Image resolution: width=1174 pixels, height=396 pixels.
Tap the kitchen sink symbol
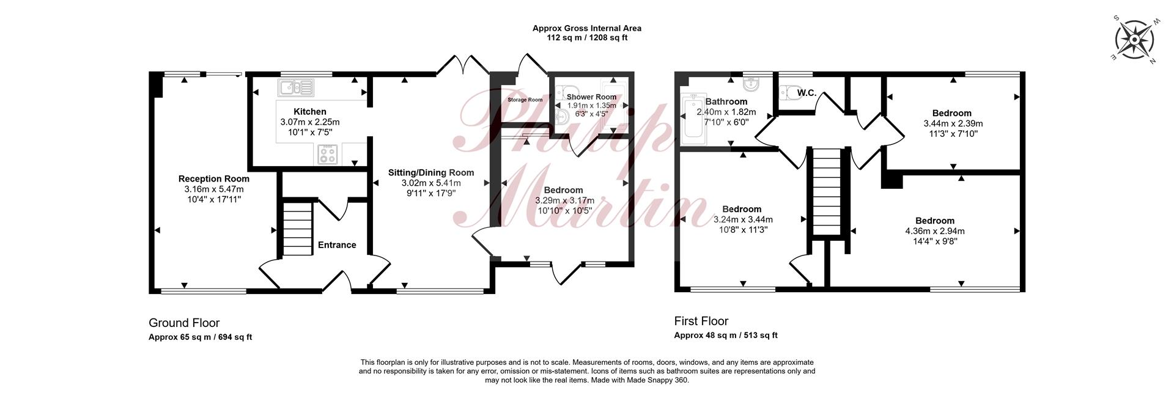tap(296, 87)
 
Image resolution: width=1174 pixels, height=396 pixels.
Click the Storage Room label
tap(525, 100)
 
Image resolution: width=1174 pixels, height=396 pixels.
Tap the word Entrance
tap(337, 245)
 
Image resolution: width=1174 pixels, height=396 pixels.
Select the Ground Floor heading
tap(184, 323)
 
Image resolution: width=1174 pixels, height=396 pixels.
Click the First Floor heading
tap(701, 321)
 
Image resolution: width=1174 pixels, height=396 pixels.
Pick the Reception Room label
tap(214, 179)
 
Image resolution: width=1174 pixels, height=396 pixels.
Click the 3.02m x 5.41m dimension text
tap(431, 183)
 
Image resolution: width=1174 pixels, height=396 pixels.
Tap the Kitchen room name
tap(310, 112)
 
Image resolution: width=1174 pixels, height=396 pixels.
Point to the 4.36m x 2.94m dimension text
tap(935, 231)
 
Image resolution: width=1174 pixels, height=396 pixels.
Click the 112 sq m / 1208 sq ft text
tap(587, 38)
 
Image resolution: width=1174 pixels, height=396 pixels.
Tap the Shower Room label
tap(591, 97)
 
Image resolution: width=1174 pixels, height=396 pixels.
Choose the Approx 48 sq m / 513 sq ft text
tap(726, 335)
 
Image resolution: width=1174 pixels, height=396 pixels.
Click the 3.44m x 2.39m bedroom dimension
tap(953, 123)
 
